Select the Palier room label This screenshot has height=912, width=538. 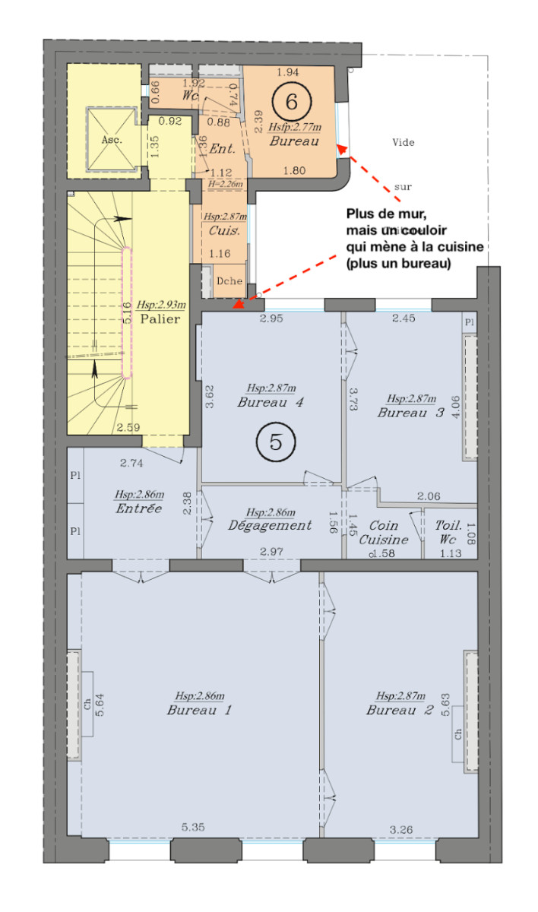(x=160, y=318)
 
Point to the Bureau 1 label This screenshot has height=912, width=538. (x=199, y=710)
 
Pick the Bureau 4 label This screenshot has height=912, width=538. (x=271, y=402)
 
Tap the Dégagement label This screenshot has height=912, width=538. (x=270, y=525)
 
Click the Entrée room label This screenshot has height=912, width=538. (x=138, y=508)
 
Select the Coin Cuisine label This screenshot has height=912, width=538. (x=383, y=533)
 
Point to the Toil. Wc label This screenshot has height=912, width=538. (x=447, y=533)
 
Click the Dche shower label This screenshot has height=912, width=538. (x=229, y=281)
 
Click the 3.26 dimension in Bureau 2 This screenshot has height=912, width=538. (x=400, y=830)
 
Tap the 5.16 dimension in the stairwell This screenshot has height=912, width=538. (x=126, y=313)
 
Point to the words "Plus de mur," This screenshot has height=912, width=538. (x=380, y=214)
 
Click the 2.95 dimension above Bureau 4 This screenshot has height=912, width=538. (x=271, y=318)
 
